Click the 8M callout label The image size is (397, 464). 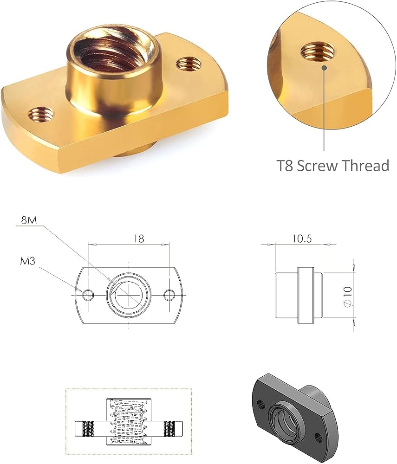(28, 220)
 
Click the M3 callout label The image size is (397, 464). (27, 261)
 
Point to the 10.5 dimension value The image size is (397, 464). (302, 238)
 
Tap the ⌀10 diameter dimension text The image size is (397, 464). (348, 297)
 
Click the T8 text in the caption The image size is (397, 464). (285, 166)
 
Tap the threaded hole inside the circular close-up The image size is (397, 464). (317, 51)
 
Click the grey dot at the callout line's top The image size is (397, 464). (324, 67)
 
